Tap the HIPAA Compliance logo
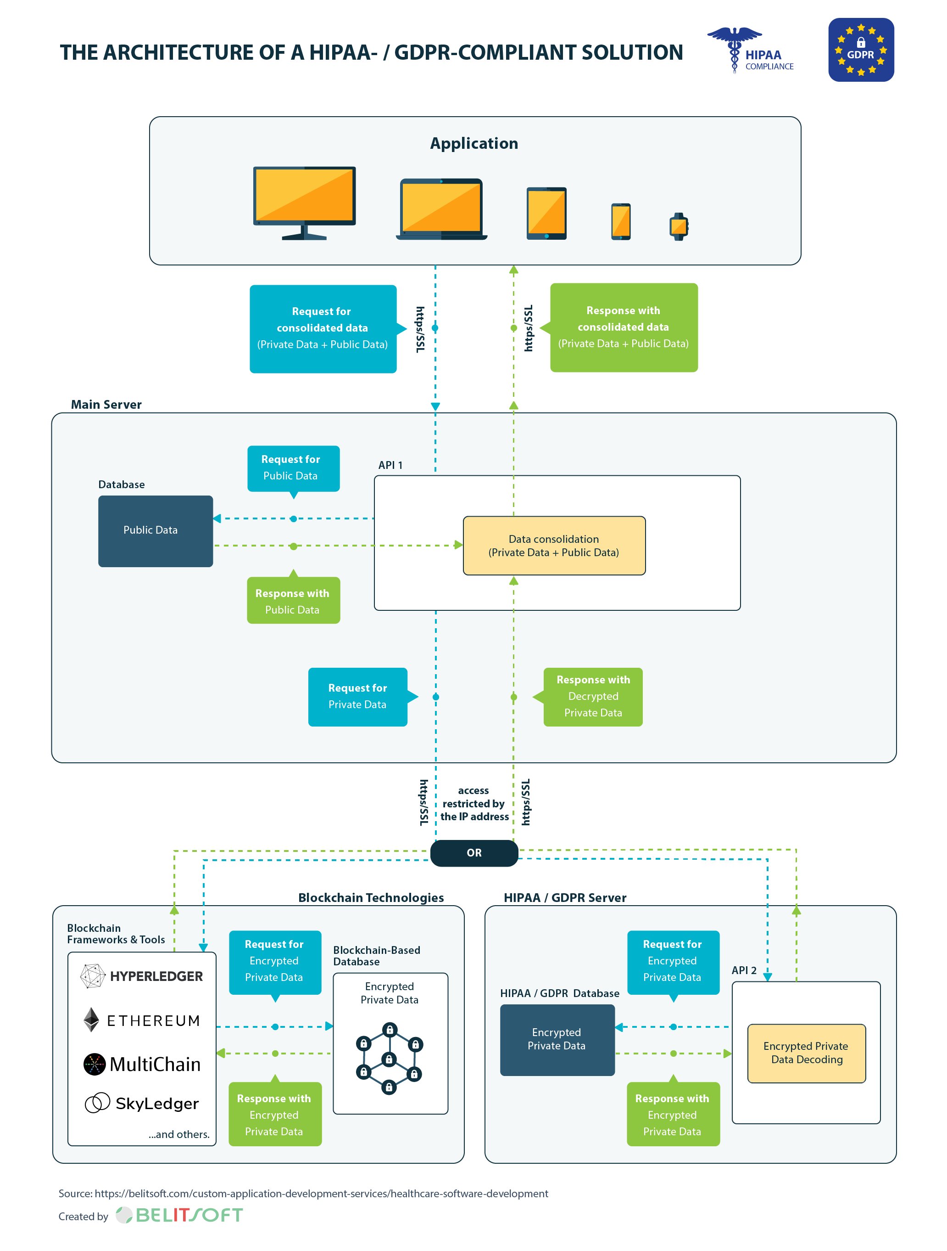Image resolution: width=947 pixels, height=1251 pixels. click(x=750, y=51)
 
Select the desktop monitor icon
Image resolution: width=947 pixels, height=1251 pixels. click(x=304, y=202)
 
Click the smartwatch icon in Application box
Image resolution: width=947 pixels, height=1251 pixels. click(x=678, y=227)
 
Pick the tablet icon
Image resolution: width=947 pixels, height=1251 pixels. click(x=546, y=213)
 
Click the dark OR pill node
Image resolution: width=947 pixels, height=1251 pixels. click(x=473, y=852)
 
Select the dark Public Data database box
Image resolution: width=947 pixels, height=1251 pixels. click(x=156, y=530)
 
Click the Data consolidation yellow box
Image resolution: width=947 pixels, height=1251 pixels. click(x=553, y=545)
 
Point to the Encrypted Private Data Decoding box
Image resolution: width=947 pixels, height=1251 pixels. click(x=806, y=1053)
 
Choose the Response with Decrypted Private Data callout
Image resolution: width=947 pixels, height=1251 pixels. click(x=592, y=696)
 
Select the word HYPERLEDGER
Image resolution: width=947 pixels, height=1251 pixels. click(x=156, y=976)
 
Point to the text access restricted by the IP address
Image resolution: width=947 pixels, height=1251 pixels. click(x=473, y=803)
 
